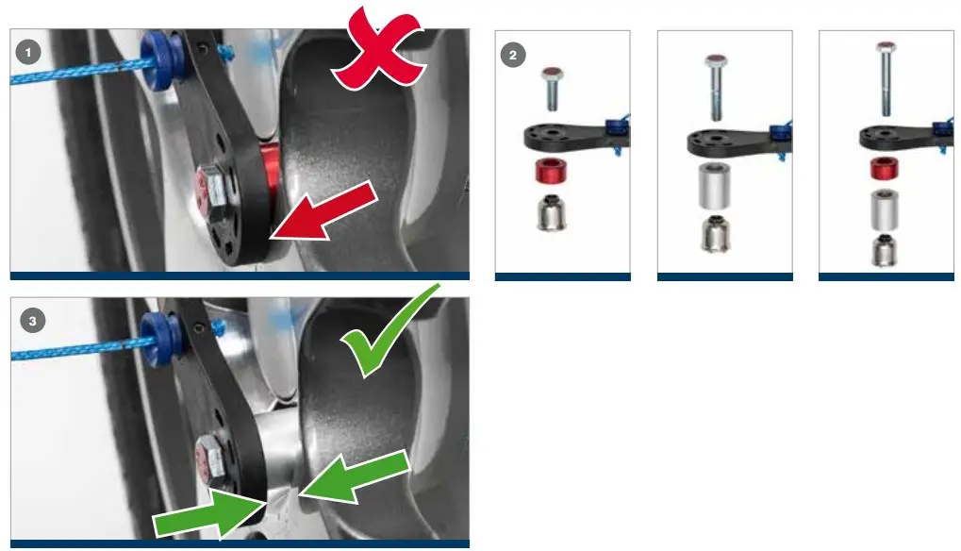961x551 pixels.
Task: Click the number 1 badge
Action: pyautogui.click(x=30, y=53)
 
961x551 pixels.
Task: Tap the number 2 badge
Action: pyautogui.click(x=512, y=55)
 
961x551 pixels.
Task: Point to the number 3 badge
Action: pyautogui.click(x=33, y=321)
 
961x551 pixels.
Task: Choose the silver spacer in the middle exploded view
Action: pyautogui.click(x=717, y=186)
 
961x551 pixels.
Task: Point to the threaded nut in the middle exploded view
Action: pyautogui.click(x=717, y=235)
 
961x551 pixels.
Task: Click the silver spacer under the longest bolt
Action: pyautogui.click(x=884, y=209)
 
